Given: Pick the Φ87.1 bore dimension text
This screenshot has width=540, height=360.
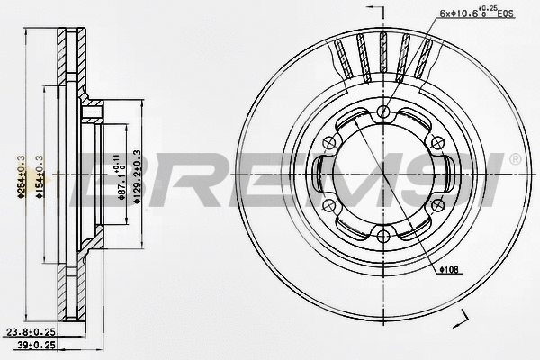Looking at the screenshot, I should (x=120, y=180).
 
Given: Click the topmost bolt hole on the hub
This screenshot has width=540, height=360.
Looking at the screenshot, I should (x=383, y=112).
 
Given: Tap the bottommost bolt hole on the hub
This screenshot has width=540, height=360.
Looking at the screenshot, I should (x=383, y=238).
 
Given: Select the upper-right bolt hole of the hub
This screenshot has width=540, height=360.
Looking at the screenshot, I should (x=438, y=143).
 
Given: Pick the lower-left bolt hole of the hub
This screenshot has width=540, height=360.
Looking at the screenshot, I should (x=328, y=206).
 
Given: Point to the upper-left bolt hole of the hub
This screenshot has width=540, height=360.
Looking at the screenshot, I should (x=328, y=143).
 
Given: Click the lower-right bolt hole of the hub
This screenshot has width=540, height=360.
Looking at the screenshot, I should (x=438, y=206).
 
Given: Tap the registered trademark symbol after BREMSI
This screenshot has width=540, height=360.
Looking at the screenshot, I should (x=514, y=159).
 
